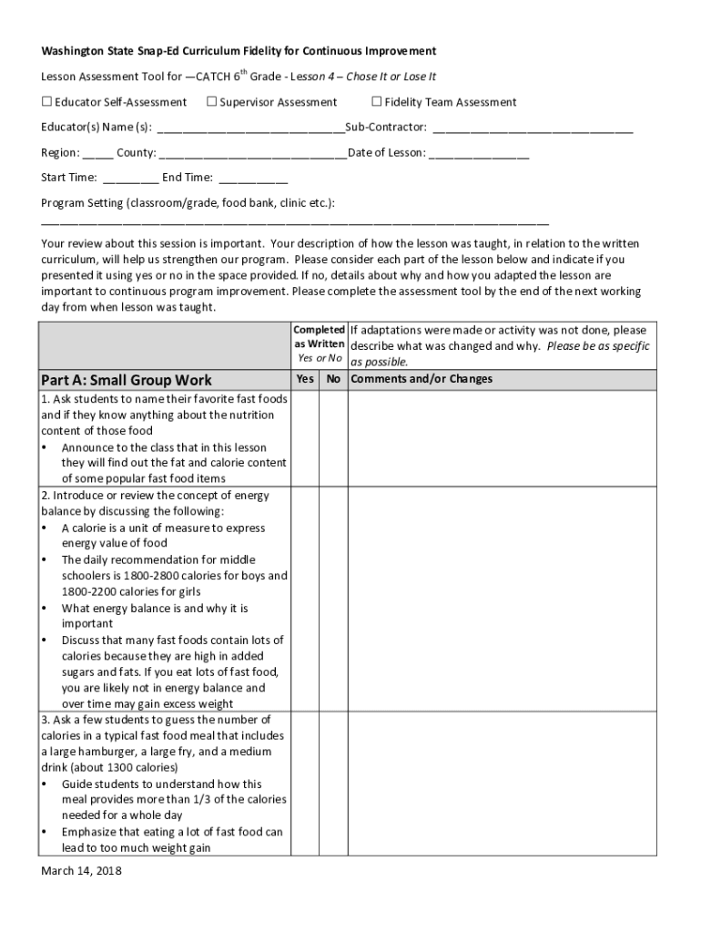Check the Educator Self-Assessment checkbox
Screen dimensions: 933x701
46,102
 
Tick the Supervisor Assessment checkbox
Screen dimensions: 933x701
212,102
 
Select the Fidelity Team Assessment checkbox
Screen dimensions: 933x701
377,102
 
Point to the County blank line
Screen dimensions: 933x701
252,154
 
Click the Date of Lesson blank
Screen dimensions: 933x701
479,154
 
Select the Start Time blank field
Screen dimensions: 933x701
131,179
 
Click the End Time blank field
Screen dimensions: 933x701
253,179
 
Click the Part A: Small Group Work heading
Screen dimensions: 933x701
127,380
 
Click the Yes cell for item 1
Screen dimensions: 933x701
305,438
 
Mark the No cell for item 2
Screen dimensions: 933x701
333,600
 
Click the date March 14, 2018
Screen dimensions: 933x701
81,871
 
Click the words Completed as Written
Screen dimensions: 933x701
319,336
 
